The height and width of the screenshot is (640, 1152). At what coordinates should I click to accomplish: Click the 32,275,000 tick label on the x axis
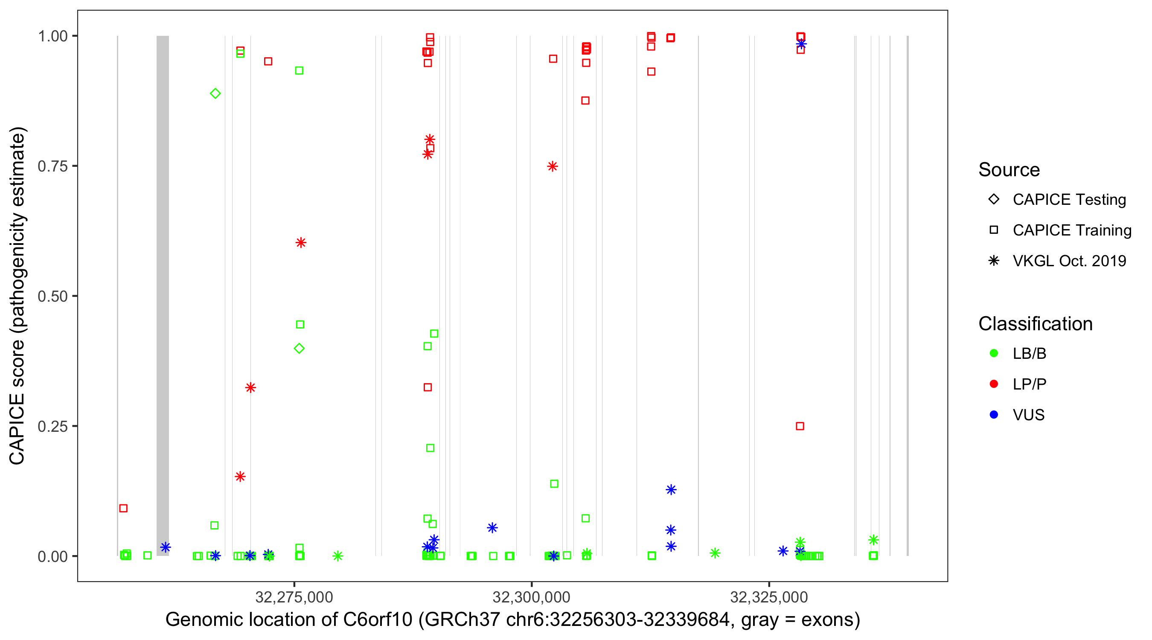click(x=294, y=597)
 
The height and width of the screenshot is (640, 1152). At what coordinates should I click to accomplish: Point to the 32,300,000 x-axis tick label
click(x=531, y=597)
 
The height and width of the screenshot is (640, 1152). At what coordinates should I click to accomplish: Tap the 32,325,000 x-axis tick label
click(x=769, y=597)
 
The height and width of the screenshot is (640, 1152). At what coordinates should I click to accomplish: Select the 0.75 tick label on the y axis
click(x=52, y=166)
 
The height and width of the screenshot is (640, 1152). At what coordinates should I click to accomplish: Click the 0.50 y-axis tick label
click(x=52, y=296)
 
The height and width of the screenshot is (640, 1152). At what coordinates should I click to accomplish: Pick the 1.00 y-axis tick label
click(x=52, y=36)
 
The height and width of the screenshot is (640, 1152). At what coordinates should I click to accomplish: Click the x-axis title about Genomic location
click(x=512, y=620)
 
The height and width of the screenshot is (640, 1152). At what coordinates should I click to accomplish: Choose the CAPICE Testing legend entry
click(x=1069, y=200)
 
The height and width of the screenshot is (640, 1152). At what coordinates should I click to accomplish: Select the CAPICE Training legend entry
click(x=1071, y=230)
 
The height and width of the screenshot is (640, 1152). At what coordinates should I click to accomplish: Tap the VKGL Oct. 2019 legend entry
click(x=1069, y=261)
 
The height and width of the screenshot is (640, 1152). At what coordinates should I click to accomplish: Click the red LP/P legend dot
click(x=994, y=384)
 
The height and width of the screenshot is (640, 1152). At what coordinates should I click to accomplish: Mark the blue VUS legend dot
click(x=994, y=415)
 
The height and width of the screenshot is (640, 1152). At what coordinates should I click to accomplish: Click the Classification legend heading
click(x=1035, y=324)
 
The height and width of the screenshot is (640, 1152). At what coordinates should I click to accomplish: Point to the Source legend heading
click(x=1009, y=170)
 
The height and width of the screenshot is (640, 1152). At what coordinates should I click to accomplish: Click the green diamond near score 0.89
click(x=215, y=93)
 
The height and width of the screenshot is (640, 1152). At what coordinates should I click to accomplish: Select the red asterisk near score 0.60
click(x=301, y=243)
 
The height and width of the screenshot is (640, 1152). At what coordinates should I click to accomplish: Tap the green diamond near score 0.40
click(x=299, y=349)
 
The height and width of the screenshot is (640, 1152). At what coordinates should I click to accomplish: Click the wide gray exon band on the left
click(x=163, y=295)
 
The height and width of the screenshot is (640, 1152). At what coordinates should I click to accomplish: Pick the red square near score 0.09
click(x=123, y=508)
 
